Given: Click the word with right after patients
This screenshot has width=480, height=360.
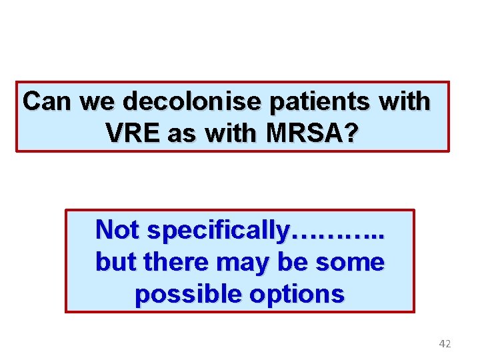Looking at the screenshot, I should pyautogui.click(x=405, y=102).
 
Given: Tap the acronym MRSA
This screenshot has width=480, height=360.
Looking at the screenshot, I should pyautogui.click(x=303, y=134).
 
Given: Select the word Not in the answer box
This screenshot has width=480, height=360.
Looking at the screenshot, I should pyautogui.click(x=118, y=230).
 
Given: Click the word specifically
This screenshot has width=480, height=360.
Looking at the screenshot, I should pyautogui.click(x=219, y=230).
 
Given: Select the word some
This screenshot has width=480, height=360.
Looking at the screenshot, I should pyautogui.click(x=351, y=262).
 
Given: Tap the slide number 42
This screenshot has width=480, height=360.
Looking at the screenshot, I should pyautogui.click(x=445, y=344).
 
